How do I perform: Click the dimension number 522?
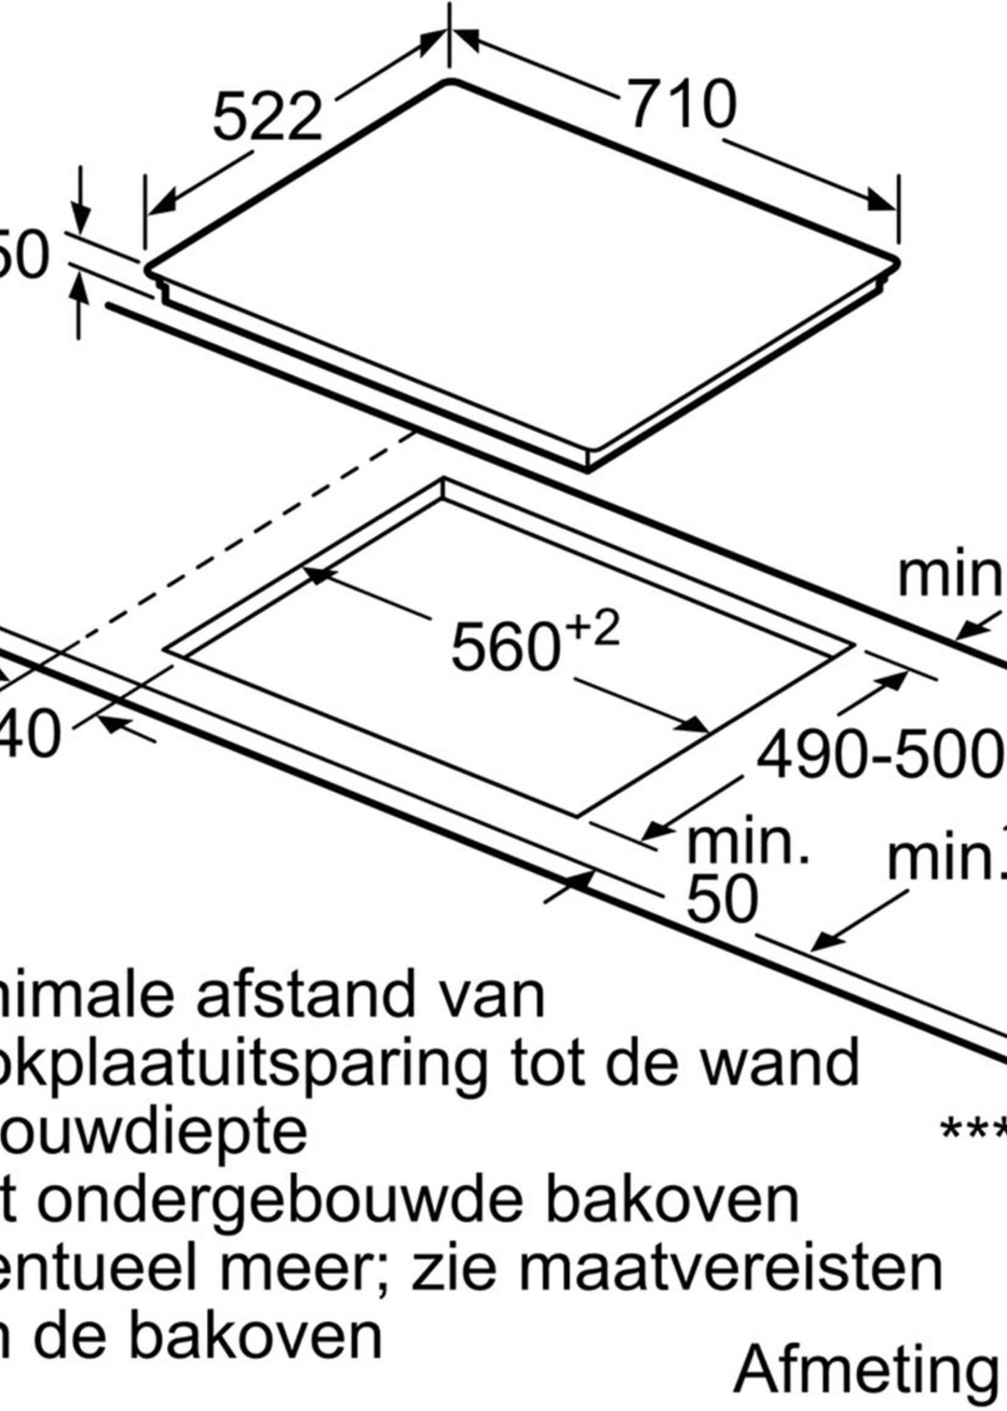(267, 118)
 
